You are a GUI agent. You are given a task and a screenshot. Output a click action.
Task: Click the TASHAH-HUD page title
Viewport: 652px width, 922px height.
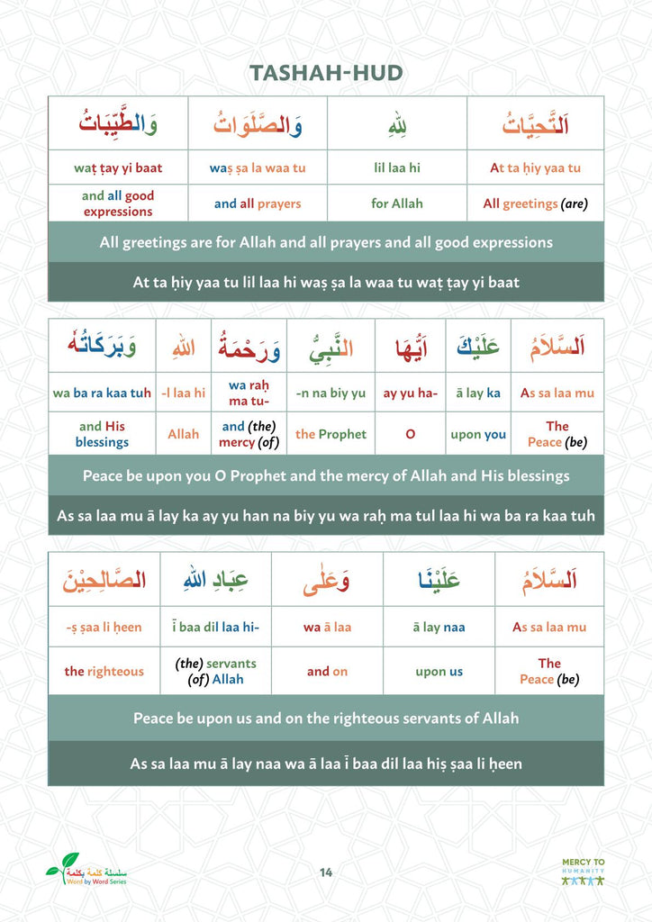pos(325,73)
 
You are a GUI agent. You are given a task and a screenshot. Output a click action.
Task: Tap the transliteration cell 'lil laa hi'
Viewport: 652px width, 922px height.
pos(396,167)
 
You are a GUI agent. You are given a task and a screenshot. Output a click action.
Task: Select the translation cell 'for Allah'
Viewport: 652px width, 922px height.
pos(396,203)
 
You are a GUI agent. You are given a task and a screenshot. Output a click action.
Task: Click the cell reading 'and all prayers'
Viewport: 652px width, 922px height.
pos(258,203)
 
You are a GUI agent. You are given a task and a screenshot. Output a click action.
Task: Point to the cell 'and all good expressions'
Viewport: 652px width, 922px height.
pos(118,203)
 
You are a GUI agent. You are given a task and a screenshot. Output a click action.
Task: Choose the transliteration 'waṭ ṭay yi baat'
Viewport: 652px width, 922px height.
pos(118,167)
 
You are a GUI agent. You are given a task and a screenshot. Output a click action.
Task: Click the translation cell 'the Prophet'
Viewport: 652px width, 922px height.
pos(331,434)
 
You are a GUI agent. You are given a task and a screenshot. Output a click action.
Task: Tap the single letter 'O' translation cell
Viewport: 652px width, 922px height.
pos(411,434)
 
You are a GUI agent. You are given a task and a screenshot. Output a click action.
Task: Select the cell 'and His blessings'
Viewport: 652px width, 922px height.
pos(102,434)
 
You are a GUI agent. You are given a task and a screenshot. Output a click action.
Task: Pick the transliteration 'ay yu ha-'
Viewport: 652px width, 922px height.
pos(411,393)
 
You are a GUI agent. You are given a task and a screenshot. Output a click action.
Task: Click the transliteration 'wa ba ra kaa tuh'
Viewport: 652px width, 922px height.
pos(102,393)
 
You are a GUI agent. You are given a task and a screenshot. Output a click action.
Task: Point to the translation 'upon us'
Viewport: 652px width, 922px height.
pos(439,672)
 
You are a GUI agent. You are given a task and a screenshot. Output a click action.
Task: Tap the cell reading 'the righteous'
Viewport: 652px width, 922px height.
pos(104,672)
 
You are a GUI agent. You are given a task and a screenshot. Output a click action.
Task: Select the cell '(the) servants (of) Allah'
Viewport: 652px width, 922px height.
pos(215,672)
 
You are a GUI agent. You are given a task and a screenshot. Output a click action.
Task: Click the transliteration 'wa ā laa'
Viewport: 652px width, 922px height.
pos(327,628)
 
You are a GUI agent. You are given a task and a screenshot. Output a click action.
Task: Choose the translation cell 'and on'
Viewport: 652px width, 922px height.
pos(327,672)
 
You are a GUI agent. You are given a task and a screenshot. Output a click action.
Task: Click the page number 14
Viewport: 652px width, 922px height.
pos(326,872)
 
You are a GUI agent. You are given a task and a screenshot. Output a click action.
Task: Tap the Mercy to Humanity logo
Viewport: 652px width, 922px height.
pos(584,872)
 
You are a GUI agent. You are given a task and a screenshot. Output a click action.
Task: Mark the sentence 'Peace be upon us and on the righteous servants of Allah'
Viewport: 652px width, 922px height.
pos(326,719)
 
